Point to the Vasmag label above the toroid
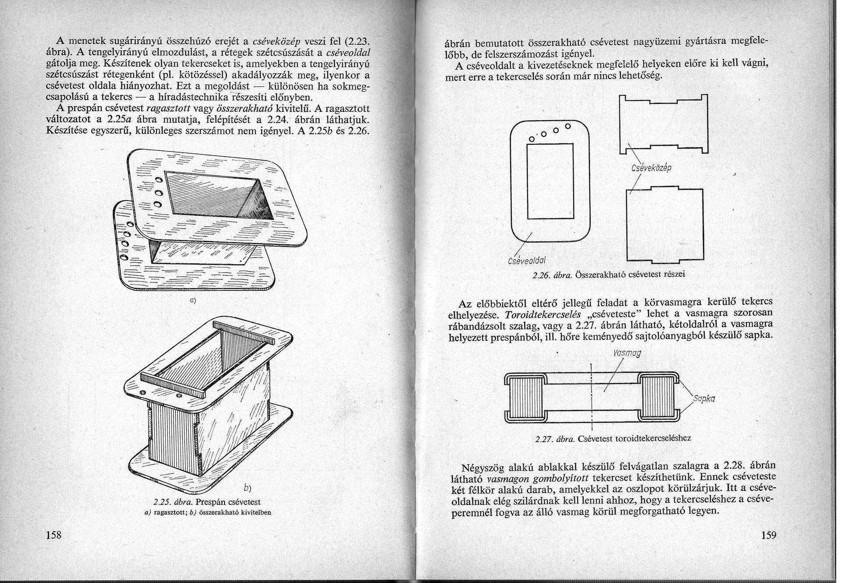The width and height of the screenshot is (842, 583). [627, 353]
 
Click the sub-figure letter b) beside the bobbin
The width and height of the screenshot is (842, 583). [247, 488]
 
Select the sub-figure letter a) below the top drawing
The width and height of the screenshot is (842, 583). [192, 300]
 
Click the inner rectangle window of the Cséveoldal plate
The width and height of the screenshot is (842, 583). [550, 185]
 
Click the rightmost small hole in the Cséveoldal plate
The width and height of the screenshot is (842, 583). [567, 126]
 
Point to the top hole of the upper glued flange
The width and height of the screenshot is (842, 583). [159, 179]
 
